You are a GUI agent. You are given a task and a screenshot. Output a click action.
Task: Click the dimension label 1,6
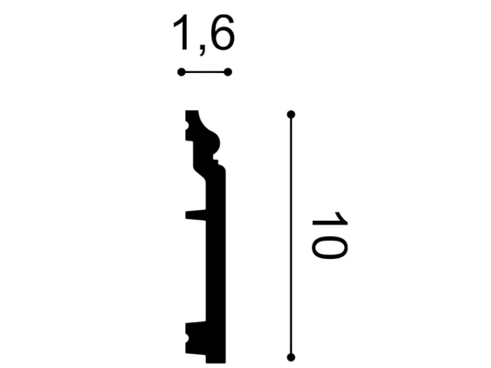(x=204, y=34)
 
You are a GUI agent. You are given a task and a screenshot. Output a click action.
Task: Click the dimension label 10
(x=329, y=237)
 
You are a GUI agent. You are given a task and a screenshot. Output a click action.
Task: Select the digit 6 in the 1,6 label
(x=222, y=34)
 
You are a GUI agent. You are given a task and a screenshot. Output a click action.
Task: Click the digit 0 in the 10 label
(x=329, y=247)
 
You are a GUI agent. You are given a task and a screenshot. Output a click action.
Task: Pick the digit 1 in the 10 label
(x=329, y=220)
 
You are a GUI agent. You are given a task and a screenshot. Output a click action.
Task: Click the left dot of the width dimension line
(x=181, y=72)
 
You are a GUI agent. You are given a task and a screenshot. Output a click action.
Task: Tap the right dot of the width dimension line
(x=228, y=72)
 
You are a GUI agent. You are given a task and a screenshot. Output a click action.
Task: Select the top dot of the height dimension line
(x=291, y=115)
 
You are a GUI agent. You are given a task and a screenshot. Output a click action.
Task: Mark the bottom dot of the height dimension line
(x=291, y=356)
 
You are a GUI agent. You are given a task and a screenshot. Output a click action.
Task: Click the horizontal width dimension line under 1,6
(x=204, y=72)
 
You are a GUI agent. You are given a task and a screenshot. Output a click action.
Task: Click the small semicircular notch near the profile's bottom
(x=187, y=338)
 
